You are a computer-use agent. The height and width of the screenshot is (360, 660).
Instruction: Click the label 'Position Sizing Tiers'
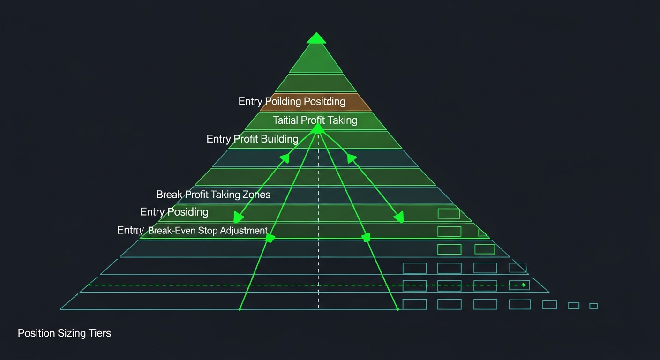click(x=64, y=333)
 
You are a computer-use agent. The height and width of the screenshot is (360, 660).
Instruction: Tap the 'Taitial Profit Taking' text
click(x=315, y=120)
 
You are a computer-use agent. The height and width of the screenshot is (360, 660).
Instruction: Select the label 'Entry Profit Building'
click(x=252, y=139)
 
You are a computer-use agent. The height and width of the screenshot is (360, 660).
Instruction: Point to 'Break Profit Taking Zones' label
click(x=213, y=194)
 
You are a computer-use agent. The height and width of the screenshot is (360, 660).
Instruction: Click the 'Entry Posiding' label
click(x=174, y=212)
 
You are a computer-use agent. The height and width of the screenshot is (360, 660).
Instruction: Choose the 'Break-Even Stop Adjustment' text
click(x=208, y=231)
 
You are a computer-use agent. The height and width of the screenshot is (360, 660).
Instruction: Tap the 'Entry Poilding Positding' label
click(x=292, y=101)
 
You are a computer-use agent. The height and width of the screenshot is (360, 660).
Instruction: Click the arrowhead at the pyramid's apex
click(x=316, y=38)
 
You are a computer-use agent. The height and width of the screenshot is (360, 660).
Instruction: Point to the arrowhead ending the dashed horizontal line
click(x=524, y=285)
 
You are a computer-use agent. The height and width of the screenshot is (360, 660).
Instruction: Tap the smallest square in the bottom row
click(x=593, y=306)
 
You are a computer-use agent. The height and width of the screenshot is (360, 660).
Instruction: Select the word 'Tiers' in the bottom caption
click(x=99, y=333)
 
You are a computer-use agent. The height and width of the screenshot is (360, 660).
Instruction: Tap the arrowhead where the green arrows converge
click(x=318, y=127)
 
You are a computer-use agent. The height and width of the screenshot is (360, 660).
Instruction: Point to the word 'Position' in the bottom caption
click(x=36, y=333)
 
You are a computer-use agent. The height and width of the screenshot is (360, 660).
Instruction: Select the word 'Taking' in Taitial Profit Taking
click(x=343, y=120)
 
